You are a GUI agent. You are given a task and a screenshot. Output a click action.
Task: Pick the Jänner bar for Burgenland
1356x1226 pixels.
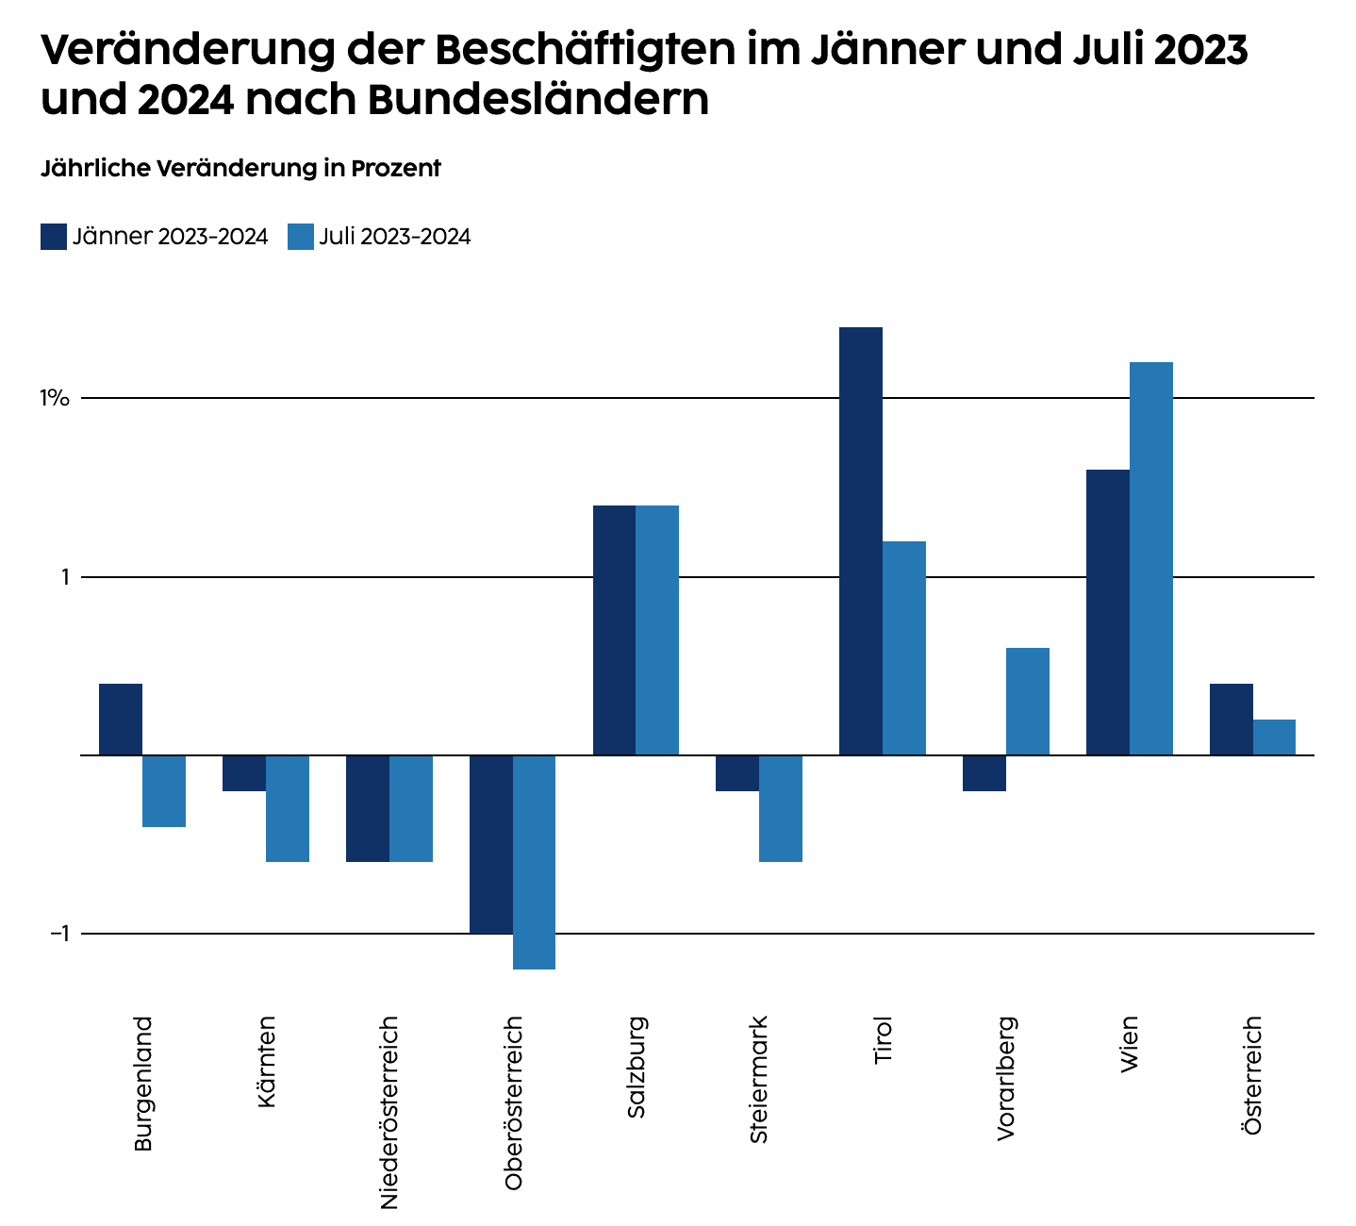click(121, 719)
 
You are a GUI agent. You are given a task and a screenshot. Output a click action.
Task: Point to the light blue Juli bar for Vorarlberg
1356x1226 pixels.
click(1028, 701)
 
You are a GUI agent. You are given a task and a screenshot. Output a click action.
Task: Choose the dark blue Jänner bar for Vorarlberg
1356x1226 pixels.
click(984, 773)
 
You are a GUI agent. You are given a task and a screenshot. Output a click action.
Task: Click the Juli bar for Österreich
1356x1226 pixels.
click(1274, 737)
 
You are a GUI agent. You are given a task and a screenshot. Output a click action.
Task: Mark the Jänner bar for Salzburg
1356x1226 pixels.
click(614, 630)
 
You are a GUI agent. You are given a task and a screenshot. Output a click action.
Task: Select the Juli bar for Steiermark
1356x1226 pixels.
click(781, 808)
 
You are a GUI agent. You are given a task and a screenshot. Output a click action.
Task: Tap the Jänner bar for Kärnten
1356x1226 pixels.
click(244, 773)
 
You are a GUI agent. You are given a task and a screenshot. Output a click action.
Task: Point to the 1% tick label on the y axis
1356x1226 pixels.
click(55, 398)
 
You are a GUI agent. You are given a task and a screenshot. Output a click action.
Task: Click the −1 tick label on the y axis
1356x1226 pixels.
click(59, 934)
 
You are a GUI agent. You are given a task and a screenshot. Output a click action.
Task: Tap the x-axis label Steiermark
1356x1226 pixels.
click(759, 1079)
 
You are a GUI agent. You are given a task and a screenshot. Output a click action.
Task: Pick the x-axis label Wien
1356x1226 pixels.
click(1129, 1043)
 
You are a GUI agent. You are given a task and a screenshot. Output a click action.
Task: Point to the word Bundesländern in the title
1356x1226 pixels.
click(538, 100)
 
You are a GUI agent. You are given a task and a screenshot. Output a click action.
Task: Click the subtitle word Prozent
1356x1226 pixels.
click(396, 169)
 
